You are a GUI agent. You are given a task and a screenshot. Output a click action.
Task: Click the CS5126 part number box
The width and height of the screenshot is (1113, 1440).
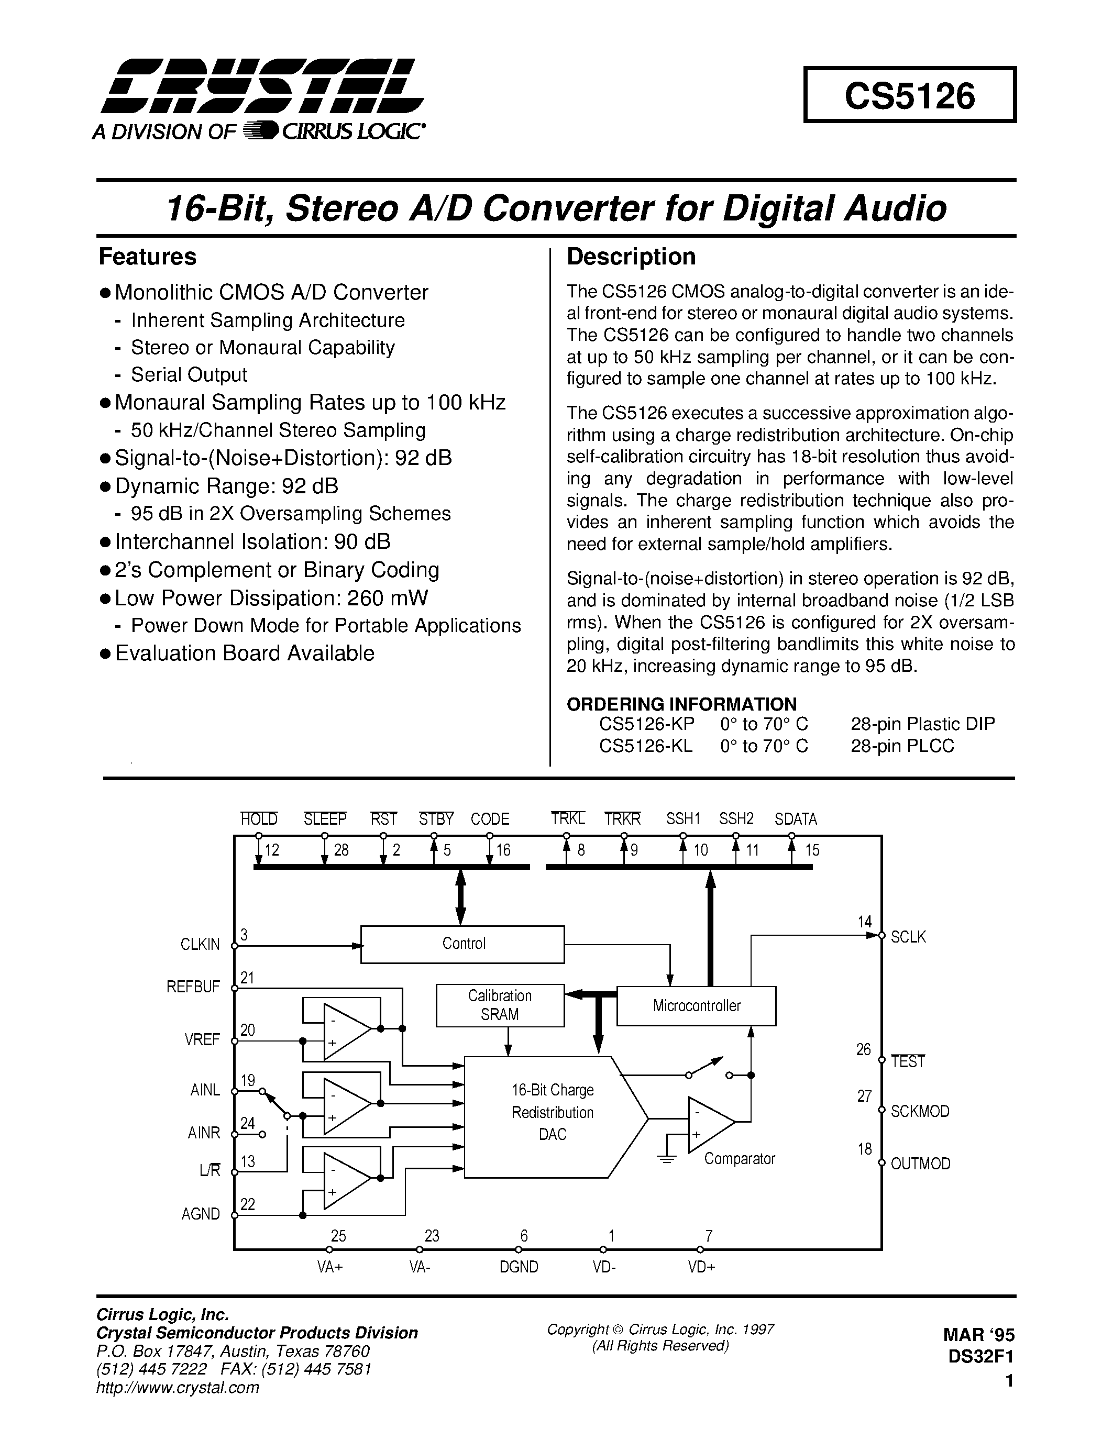[x=909, y=95]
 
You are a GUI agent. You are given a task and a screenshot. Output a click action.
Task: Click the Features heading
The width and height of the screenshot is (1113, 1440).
[x=147, y=257]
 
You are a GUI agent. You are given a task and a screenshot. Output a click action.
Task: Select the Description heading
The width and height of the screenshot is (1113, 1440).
[x=631, y=257]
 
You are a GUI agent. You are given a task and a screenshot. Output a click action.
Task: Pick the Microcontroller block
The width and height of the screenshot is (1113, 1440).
[x=696, y=1005]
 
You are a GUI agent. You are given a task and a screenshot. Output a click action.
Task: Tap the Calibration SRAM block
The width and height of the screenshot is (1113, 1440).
[x=500, y=1005]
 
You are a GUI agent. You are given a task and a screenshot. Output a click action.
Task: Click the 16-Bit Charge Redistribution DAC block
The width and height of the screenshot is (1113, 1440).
[x=552, y=1112]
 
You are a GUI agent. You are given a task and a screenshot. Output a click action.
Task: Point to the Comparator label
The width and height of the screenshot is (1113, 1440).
[x=739, y=1158]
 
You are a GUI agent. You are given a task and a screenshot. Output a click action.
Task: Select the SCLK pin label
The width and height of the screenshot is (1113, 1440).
[x=908, y=937]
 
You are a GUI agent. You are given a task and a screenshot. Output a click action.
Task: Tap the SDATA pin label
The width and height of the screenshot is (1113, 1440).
[x=795, y=819]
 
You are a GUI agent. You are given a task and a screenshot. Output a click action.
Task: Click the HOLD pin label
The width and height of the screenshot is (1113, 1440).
[x=258, y=819]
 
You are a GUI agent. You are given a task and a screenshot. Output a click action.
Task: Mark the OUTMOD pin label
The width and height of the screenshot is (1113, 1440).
[x=920, y=1164]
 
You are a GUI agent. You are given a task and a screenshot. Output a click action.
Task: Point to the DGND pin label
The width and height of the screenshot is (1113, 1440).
[x=519, y=1267]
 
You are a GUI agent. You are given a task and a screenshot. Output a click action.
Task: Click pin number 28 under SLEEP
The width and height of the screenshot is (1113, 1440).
[x=341, y=850]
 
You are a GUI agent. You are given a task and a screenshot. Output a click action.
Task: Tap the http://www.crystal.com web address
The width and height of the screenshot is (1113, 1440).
[x=178, y=1387]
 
